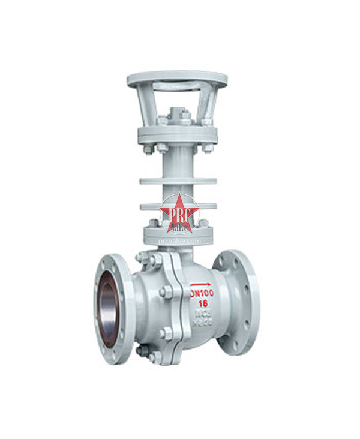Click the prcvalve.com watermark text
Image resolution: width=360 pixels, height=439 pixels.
point(179,241)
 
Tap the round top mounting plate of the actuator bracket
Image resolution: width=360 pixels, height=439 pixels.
point(177,79)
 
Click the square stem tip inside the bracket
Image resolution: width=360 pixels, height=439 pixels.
point(178,114)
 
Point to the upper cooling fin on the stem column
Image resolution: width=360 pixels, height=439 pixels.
point(178,180)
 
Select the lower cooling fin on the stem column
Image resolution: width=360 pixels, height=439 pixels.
point(178,206)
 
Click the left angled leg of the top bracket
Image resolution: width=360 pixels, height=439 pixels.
point(145,105)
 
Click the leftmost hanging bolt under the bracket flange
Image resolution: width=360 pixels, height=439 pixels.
point(148,149)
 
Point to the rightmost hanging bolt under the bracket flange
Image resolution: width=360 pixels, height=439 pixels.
point(207,147)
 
